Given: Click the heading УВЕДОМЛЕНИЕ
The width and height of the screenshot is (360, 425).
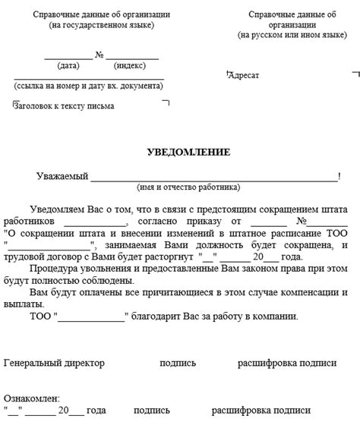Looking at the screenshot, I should click(188, 153).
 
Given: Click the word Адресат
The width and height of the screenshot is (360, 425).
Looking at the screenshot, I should click(245, 75).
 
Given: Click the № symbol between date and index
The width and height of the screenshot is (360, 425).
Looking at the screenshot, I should click(99, 55).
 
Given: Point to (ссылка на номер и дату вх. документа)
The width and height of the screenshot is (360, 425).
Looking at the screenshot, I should click(89, 87).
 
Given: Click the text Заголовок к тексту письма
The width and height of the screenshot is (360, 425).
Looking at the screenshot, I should click(65, 106).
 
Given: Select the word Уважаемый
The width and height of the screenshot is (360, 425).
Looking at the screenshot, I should click(63, 176).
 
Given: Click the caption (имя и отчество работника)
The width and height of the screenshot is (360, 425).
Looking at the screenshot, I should click(188, 187).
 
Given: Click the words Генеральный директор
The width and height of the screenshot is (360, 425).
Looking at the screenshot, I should click(54, 364).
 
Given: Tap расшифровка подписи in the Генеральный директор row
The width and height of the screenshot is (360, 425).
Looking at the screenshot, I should click(287, 364).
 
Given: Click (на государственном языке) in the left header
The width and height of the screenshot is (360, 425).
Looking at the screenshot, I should click(101, 26).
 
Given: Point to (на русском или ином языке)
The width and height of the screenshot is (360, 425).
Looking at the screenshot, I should click(292, 36).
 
